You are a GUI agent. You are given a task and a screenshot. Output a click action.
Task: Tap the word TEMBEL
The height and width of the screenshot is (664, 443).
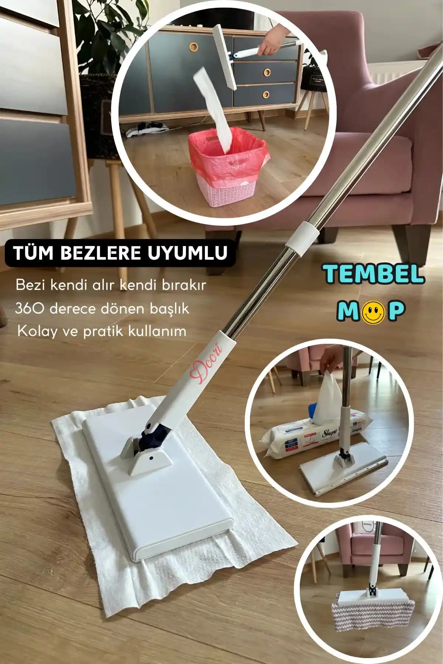click(373, 274)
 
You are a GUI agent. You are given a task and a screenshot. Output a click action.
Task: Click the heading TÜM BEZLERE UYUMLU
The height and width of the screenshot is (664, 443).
click(120, 253)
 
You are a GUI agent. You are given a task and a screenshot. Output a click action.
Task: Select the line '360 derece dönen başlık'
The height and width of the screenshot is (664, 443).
click(102, 308)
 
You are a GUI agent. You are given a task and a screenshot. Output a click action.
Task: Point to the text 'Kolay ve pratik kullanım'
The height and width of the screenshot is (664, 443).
click(102, 331)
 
